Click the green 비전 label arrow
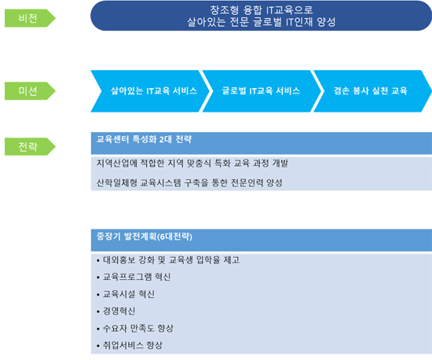click(x=30, y=18)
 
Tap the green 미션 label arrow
click(x=30, y=91)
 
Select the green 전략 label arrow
click(x=30, y=147)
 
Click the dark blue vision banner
click(x=262, y=16)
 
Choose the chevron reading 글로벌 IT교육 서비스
click(x=262, y=91)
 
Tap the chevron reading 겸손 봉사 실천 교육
click(x=372, y=91)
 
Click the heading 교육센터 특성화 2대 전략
click(x=144, y=139)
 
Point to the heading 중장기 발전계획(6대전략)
click(x=145, y=237)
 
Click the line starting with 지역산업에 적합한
click(x=192, y=163)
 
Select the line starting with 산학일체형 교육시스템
click(x=189, y=182)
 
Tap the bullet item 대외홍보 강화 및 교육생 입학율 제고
click(x=168, y=260)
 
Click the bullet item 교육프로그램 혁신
click(x=134, y=277)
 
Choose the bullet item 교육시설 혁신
click(x=126, y=294)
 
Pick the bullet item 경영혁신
click(x=116, y=311)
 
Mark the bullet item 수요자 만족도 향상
click(x=135, y=329)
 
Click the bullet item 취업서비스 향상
click(x=130, y=345)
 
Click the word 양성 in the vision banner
click(x=326, y=22)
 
